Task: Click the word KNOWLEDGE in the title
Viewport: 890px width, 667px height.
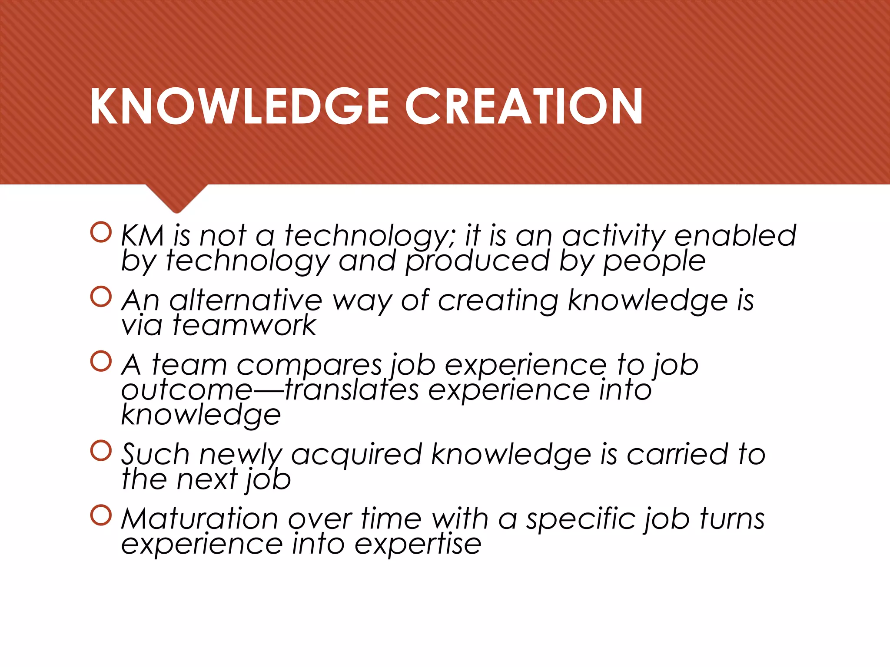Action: click(x=239, y=106)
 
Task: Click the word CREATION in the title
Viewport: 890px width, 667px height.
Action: click(x=524, y=106)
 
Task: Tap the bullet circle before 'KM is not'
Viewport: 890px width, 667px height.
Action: click(x=101, y=232)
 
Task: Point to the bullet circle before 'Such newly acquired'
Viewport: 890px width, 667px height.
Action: click(x=101, y=451)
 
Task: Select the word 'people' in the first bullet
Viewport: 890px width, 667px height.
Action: click(x=654, y=262)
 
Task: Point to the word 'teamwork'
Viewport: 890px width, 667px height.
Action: click(x=244, y=325)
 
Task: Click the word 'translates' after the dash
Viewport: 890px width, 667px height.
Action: click(x=352, y=390)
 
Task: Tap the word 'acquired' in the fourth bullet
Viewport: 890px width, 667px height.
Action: click(x=356, y=455)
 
